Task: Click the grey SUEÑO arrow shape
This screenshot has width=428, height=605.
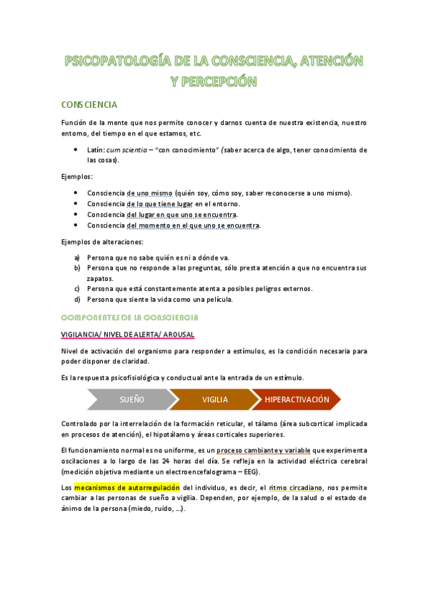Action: (131, 400)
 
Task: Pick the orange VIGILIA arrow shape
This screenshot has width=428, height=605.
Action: (214, 400)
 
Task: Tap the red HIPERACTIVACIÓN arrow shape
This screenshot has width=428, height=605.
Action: (297, 400)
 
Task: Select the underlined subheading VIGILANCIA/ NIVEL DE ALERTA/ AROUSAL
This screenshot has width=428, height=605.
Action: (127, 334)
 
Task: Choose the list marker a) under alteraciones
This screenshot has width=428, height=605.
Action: (77, 258)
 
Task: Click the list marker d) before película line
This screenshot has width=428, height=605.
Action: (77, 299)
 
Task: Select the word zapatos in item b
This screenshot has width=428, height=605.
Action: (101, 278)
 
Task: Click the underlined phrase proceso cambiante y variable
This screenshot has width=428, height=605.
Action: (266, 450)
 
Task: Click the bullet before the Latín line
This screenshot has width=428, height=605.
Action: (77, 150)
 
